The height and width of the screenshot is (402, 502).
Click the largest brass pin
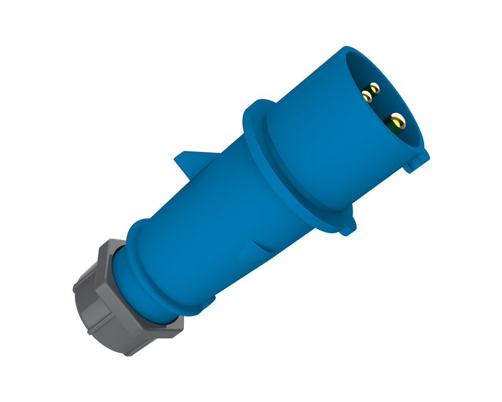397,119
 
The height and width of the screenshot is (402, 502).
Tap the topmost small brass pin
374,87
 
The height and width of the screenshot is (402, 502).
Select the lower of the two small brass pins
366,97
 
